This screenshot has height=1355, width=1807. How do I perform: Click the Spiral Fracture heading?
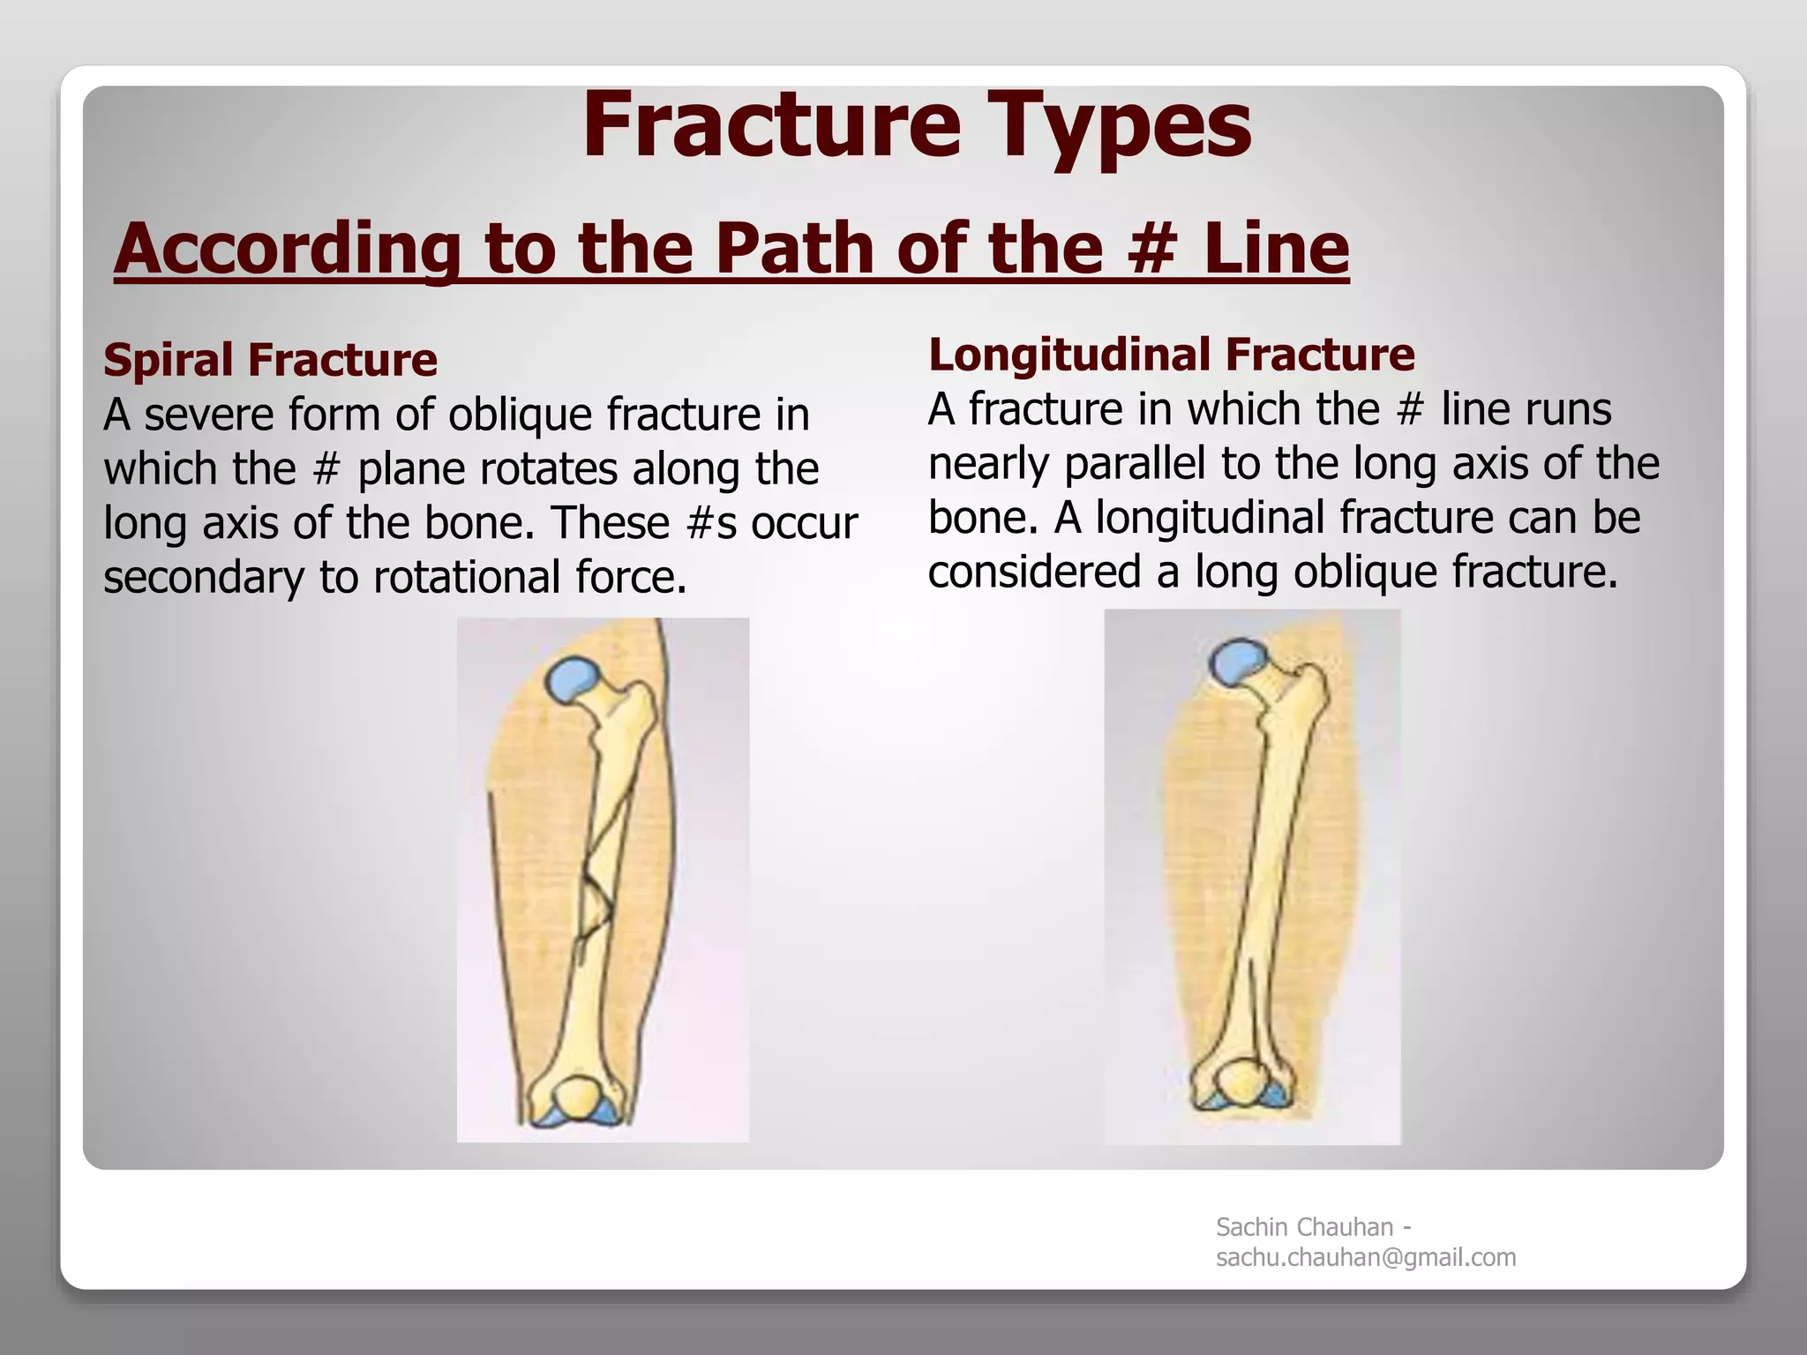pos(270,359)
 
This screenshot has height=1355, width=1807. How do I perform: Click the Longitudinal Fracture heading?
pos(1171,354)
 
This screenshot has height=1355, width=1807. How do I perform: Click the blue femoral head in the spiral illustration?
pos(572,678)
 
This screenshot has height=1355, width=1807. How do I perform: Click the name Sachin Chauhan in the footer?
pos(1304,1227)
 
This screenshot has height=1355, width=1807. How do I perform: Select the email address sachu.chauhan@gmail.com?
pos(1365,1257)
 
